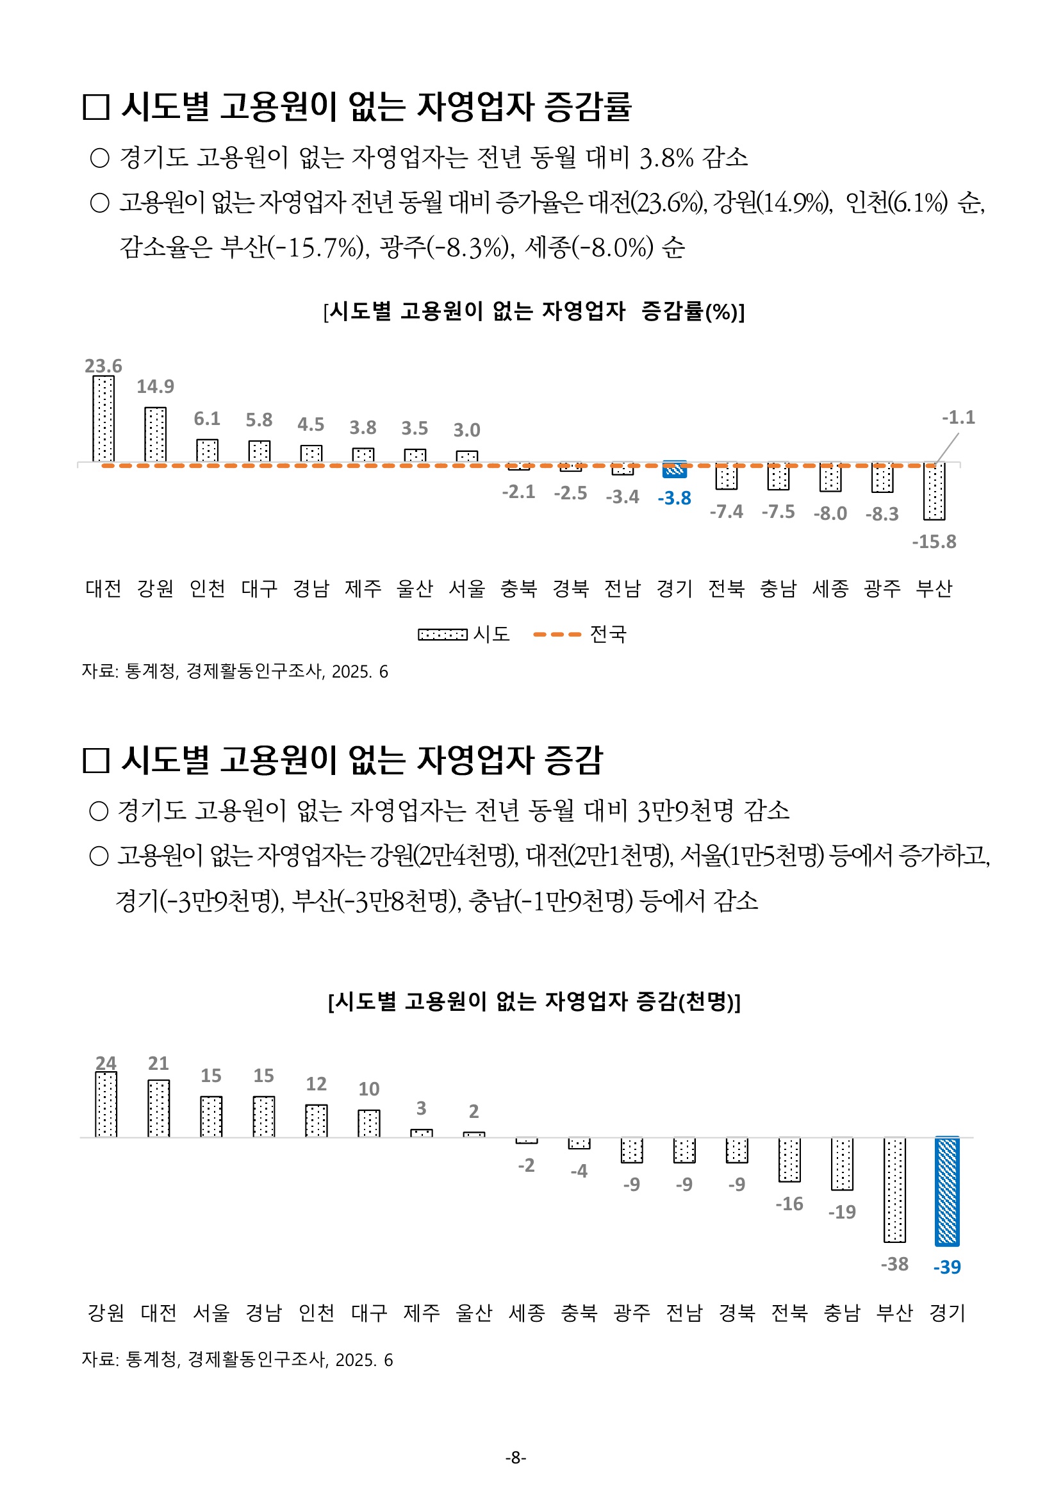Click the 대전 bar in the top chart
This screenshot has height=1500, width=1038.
coord(103,419)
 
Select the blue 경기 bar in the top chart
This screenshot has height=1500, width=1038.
coord(675,470)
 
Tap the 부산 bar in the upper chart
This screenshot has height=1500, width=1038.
coord(934,492)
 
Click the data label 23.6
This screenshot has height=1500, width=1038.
coord(103,366)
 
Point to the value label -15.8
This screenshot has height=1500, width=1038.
coord(934,542)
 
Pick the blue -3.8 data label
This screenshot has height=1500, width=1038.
coord(675,498)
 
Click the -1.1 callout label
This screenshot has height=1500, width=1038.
coord(959,417)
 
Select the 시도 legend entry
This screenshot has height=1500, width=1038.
coord(463,634)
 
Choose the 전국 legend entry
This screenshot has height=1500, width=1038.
coord(579,634)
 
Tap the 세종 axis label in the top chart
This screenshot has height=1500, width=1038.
coord(830,588)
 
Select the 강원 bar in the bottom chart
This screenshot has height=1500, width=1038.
coord(106,1104)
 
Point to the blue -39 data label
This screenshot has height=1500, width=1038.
coord(947,1267)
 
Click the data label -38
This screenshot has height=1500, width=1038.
coord(894,1264)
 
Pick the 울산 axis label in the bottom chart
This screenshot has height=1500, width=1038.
coord(474,1313)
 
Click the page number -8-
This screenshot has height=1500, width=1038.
coord(516,1458)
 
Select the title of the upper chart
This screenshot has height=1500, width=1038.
coord(533,312)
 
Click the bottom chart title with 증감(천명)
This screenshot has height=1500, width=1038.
coord(533,1002)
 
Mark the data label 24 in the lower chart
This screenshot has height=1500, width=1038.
coord(106,1063)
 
